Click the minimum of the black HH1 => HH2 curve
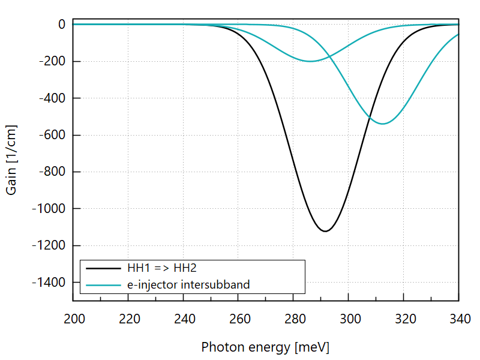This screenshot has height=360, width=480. pyautogui.click(x=325, y=231)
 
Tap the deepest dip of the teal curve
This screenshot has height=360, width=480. pyautogui.click(x=382, y=124)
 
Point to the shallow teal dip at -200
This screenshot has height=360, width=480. pyautogui.click(x=310, y=61)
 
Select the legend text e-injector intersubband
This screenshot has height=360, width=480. pyautogui.click(x=188, y=284)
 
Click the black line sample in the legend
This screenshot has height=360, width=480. pyautogui.click(x=103, y=268)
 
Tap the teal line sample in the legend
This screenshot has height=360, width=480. pyautogui.click(x=103, y=284)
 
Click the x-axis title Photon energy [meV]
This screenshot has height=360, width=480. pyautogui.click(x=265, y=347)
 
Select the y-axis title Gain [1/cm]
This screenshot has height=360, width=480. pyautogui.click(x=11, y=160)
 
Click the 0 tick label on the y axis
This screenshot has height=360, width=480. pyautogui.click(x=62, y=25)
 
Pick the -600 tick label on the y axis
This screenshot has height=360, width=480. pyautogui.click(x=53, y=135)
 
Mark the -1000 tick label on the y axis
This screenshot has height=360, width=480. pyautogui.click(x=50, y=209)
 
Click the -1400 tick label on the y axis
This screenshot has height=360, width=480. pyautogui.click(x=50, y=283)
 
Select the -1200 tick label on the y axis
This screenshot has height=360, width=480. pyautogui.click(x=50, y=246)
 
